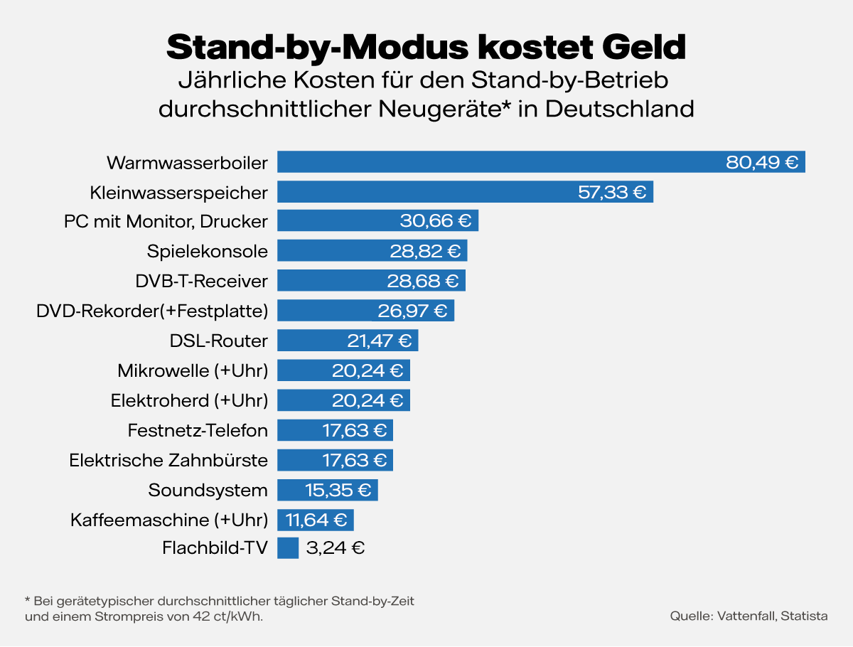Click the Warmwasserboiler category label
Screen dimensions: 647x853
[x=187, y=162]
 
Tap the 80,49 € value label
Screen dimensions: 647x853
[x=761, y=162]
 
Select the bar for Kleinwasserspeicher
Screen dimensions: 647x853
[x=426, y=192]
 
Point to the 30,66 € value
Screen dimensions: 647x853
[x=435, y=221]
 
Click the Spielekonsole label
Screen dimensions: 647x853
[x=208, y=251]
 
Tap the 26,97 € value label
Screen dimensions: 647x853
[x=411, y=311]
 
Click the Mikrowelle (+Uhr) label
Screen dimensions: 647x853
[x=192, y=370]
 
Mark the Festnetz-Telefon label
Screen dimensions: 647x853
[x=198, y=430]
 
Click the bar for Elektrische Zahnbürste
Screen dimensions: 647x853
[x=299, y=460]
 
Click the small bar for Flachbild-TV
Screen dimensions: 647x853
[x=288, y=548]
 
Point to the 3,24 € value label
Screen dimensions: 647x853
[x=335, y=548]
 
